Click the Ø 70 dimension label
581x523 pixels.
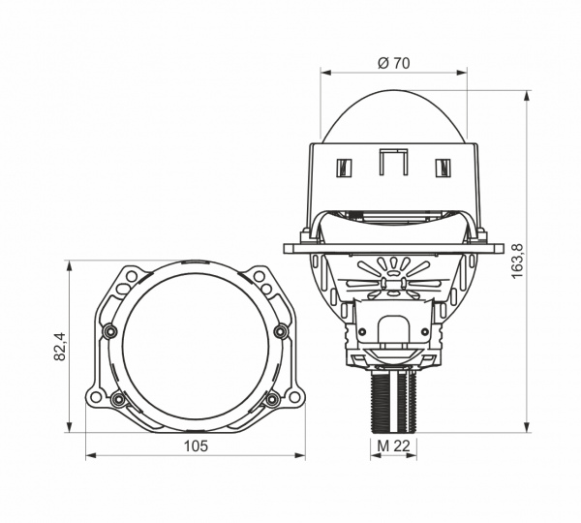click(393, 63)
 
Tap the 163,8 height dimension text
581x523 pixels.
click(517, 261)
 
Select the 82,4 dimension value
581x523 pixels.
click(60, 346)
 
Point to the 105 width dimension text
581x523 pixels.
click(196, 446)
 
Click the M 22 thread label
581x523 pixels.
click(393, 446)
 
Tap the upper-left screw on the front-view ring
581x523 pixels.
click(109, 331)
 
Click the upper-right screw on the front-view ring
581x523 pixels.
click(281, 331)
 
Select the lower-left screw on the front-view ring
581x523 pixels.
click(118, 399)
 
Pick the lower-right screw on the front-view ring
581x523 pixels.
click(272, 399)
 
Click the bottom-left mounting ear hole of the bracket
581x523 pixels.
click(96, 396)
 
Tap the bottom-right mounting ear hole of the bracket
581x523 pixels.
click(294, 396)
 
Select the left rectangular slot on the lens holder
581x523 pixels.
click(344, 168)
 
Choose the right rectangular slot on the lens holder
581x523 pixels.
click(443, 168)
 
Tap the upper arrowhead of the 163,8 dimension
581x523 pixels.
click(527, 96)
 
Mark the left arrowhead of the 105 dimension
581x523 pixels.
click(91, 455)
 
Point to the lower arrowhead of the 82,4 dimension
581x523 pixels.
click(69, 426)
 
